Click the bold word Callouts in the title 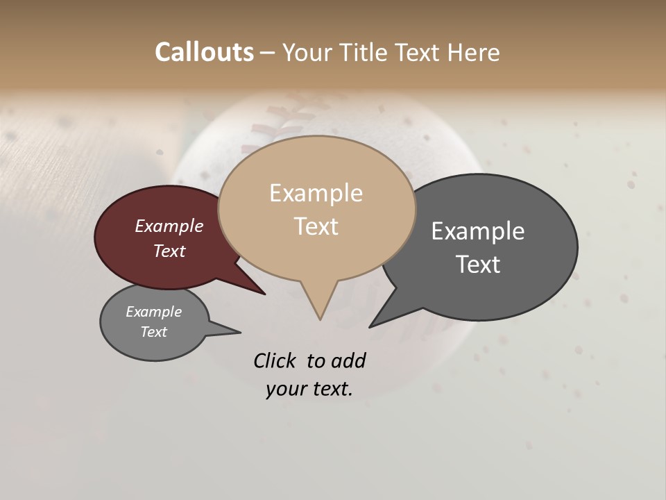click(205, 52)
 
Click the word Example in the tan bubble click(316, 193)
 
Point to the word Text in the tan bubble click(316, 226)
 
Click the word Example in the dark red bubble click(169, 226)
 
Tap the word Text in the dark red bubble click(169, 251)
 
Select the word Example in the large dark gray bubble click(478, 231)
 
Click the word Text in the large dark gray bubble click(478, 264)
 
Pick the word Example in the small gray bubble click(154, 312)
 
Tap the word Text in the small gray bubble click(154, 332)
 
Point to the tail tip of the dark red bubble click(264, 294)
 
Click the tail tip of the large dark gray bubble click(370, 326)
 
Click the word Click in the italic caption click(276, 360)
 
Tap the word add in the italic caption click(348, 360)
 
